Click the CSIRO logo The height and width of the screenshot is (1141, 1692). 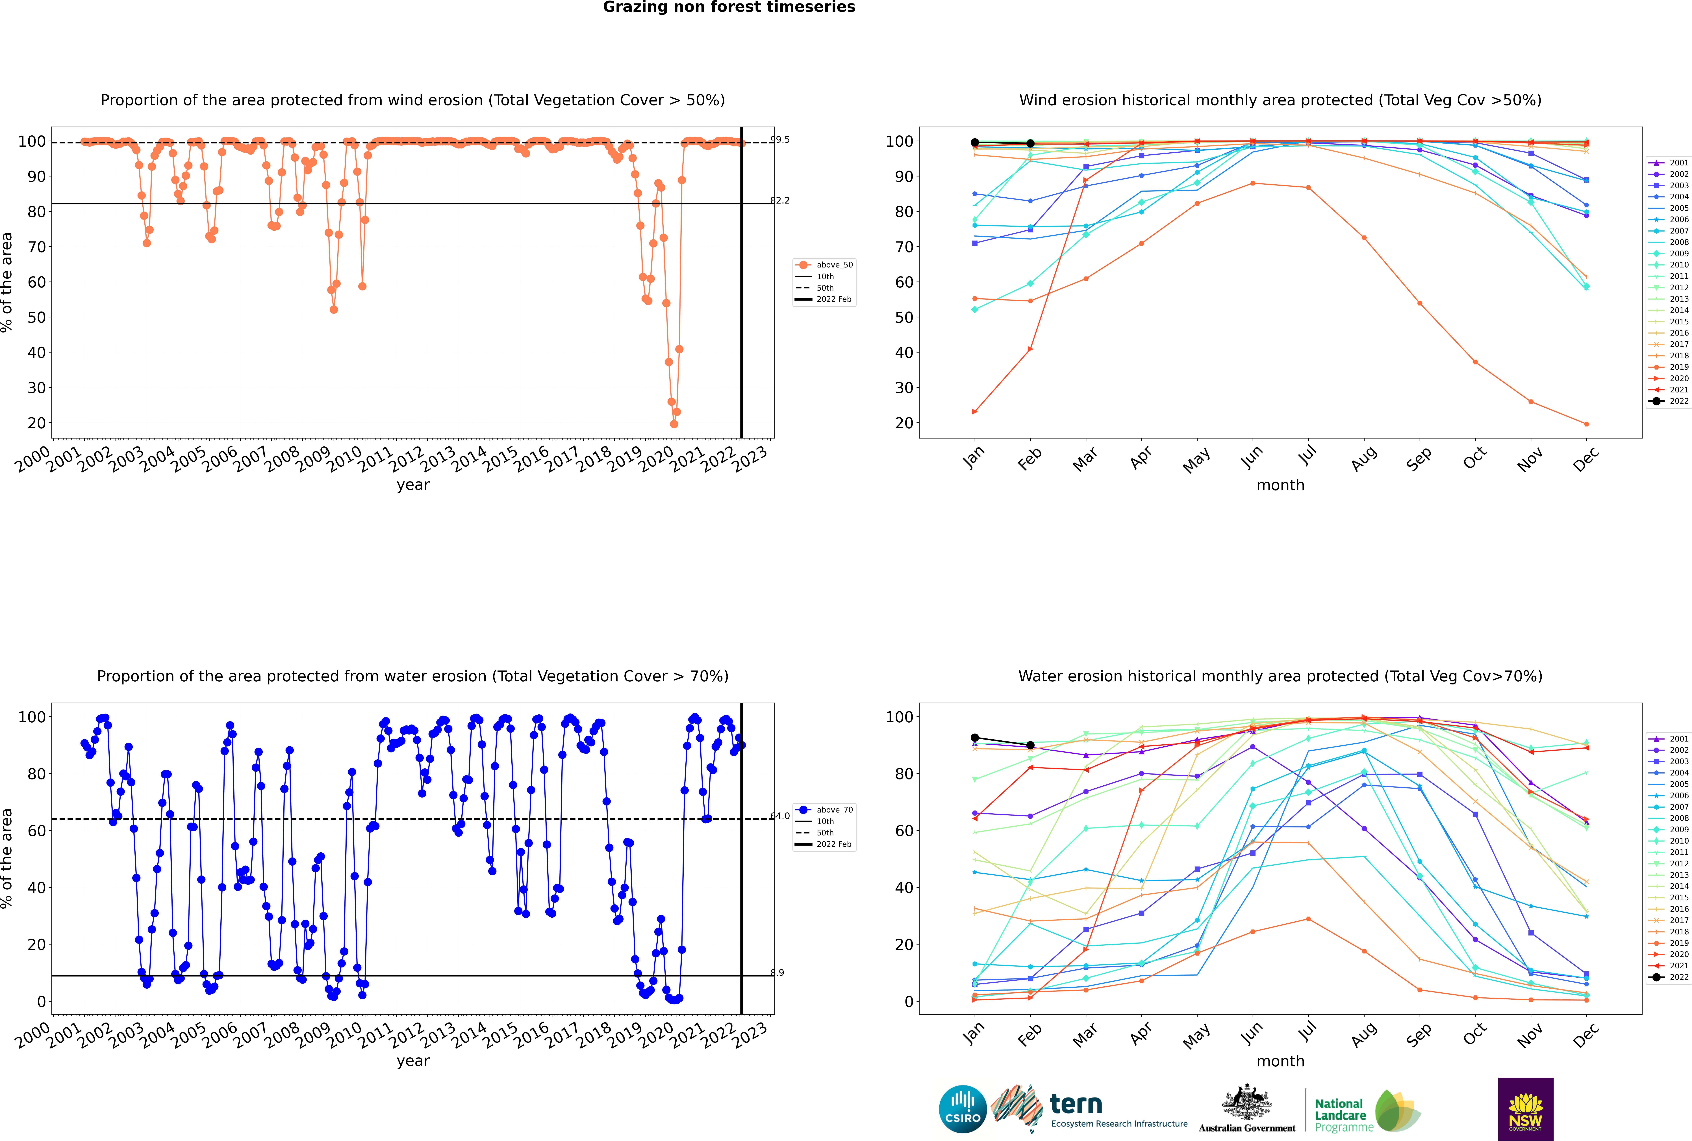pyautogui.click(x=962, y=1109)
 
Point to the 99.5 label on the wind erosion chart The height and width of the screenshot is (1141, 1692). pyautogui.click(x=780, y=140)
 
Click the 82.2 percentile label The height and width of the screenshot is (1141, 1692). pyautogui.click(x=780, y=201)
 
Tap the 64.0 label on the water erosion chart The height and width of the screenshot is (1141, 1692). pyautogui.click(x=780, y=816)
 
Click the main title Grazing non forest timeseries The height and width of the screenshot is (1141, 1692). pyautogui.click(x=729, y=7)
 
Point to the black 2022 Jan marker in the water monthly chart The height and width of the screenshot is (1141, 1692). pyautogui.click(x=975, y=738)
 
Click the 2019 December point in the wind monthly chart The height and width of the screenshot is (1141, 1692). pyautogui.click(x=1587, y=424)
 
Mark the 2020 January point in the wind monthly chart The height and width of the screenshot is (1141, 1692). pyautogui.click(x=975, y=412)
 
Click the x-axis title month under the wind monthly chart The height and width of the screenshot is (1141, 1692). pyautogui.click(x=1280, y=485)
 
